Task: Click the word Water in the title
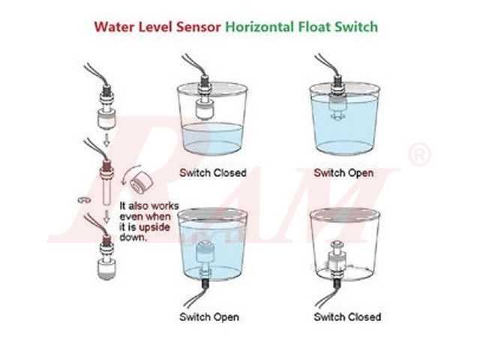[112, 27]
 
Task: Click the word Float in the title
[325, 27]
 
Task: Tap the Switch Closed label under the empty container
[347, 316]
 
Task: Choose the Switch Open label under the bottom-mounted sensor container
[208, 316]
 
